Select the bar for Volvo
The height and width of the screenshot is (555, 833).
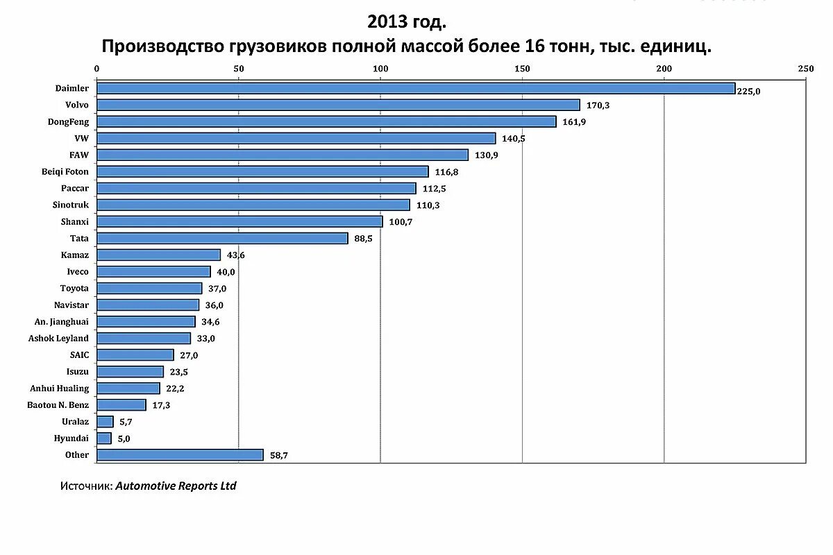pyautogui.click(x=338, y=105)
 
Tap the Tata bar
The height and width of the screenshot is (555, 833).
pyautogui.click(x=222, y=238)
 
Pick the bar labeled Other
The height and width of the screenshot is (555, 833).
pyautogui.click(x=180, y=455)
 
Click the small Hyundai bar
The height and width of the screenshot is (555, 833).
pyautogui.click(x=104, y=438)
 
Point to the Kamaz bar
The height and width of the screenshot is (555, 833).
pyautogui.click(x=158, y=255)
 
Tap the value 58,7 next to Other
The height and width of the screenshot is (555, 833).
pyautogui.click(x=278, y=456)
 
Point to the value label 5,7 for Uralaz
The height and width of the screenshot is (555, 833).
pyautogui.click(x=125, y=422)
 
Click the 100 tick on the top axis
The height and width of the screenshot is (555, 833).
pyautogui.click(x=380, y=69)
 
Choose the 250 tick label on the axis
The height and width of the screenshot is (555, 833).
pyautogui.click(x=805, y=69)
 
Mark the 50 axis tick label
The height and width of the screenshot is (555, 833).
pyautogui.click(x=239, y=69)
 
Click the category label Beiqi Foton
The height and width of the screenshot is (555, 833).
pyautogui.click(x=65, y=171)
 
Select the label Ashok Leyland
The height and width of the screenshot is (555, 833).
pyautogui.click(x=58, y=339)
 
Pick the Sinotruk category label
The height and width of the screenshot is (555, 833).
pyautogui.click(x=70, y=205)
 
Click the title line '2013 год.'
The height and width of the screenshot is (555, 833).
pyautogui.click(x=406, y=22)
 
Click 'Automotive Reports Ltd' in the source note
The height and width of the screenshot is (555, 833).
pyautogui.click(x=176, y=486)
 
